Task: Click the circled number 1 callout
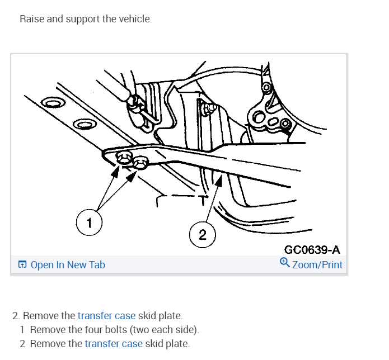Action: tap(87, 224)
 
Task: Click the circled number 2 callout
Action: tap(202, 235)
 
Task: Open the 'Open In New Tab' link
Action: tap(68, 265)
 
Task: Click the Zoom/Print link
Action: tap(317, 264)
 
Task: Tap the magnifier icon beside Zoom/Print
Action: tap(284, 262)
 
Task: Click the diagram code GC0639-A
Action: tap(312, 250)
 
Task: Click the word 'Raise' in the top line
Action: tap(31, 19)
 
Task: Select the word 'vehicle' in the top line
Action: tap(134, 19)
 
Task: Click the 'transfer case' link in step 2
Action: tap(106, 316)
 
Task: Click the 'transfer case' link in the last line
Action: tap(114, 344)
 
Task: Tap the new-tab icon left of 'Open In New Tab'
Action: tap(22, 265)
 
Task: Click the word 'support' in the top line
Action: tap(82, 19)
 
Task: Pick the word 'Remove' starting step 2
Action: tap(38, 316)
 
